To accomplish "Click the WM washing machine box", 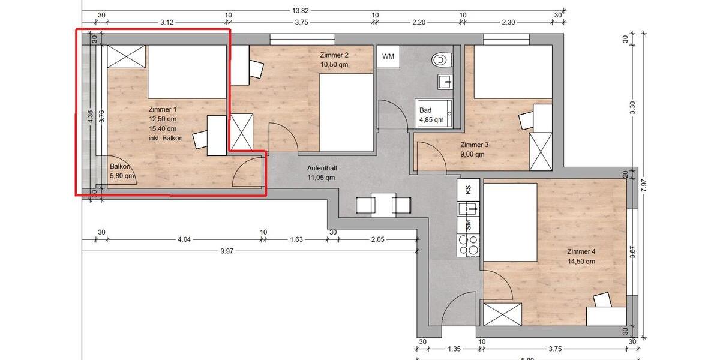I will coord(388,56).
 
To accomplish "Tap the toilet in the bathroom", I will coord(441,59).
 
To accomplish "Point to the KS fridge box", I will coord(468,189).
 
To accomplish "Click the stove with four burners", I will coord(468,245).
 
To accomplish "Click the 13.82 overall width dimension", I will coord(300,10).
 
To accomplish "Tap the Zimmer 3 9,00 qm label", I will coord(475,149).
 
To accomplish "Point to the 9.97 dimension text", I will coord(226,251).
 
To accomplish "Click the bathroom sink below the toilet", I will coord(444,81).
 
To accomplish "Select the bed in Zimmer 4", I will coord(510,221).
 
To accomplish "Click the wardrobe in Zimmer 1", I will coord(127,57).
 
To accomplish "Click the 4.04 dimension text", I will coord(184,239).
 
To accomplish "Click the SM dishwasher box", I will coord(468,226).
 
